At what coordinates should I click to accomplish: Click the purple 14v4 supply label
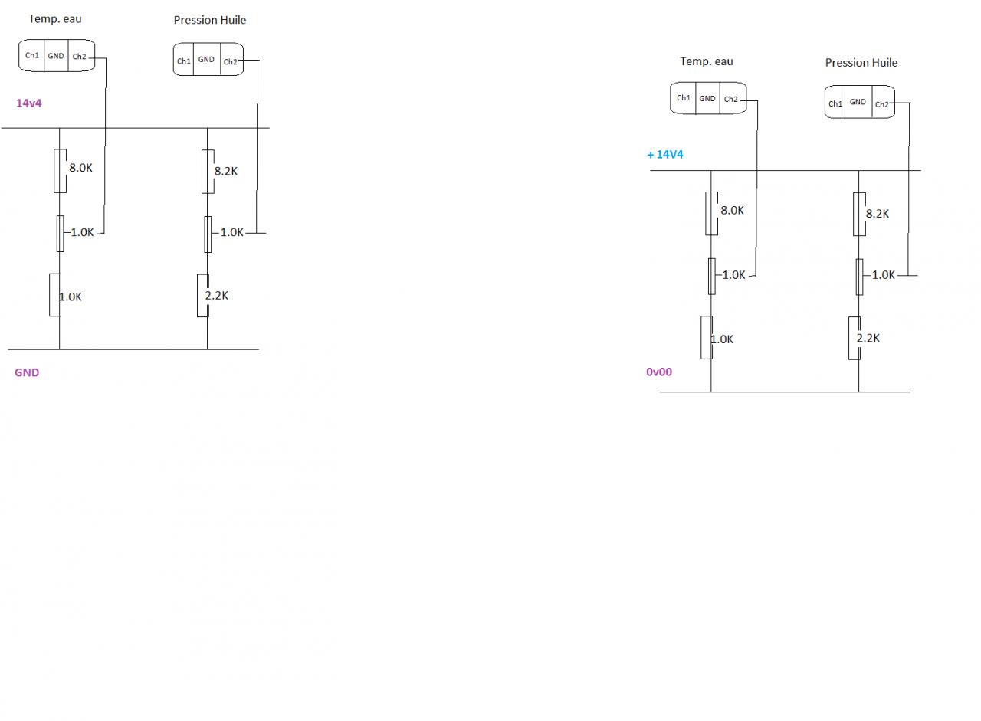point(28,103)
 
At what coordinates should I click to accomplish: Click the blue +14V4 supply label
point(664,155)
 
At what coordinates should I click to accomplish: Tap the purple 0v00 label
point(658,372)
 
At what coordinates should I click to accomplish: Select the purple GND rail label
point(27,373)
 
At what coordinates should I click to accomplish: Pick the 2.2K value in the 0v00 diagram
point(868,338)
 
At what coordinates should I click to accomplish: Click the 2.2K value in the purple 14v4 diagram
point(216,296)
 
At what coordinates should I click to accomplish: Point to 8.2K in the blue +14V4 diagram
point(877,214)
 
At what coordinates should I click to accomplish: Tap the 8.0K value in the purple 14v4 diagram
point(80,168)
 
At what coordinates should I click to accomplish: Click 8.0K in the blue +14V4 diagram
point(732,210)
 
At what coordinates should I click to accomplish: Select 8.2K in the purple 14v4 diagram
point(225,172)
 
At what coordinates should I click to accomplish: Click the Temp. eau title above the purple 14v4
point(54,18)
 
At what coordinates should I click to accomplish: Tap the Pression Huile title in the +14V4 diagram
point(861,63)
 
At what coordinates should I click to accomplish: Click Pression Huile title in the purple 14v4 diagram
point(209,20)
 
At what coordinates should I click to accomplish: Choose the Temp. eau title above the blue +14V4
point(706,61)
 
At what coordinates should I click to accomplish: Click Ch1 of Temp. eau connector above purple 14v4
point(32,56)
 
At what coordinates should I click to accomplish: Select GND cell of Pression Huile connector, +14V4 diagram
point(858,102)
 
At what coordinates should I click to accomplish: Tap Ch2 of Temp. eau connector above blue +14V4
point(731,99)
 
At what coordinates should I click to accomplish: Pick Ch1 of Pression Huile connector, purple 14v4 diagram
point(184,61)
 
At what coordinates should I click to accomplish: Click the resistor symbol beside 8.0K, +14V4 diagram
point(711,213)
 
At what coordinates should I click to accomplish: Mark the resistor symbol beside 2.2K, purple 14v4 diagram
point(202,295)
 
